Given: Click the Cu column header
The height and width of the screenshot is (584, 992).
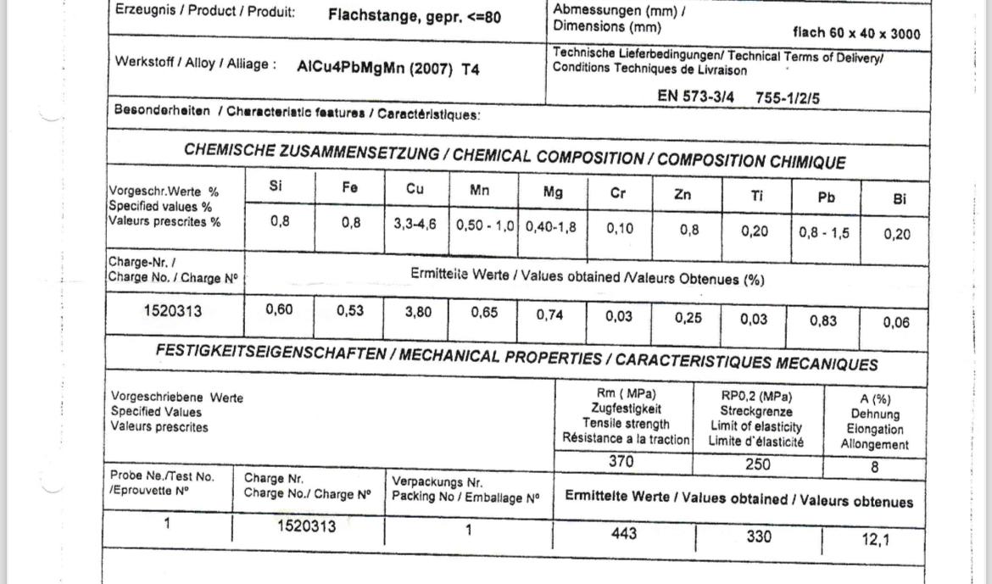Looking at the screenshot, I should tap(415, 189).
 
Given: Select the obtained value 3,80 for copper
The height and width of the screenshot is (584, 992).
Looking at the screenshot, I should tap(418, 312).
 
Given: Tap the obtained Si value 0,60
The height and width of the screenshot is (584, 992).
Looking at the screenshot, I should tap(279, 310).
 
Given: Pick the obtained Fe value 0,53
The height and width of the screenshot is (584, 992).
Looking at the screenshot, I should tap(350, 311).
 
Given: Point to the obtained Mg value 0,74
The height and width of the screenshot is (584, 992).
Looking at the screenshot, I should tap(550, 314).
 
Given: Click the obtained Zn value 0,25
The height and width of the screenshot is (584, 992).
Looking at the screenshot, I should tap(688, 318).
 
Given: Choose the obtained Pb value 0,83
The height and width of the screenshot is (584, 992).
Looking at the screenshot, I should tap(822, 320).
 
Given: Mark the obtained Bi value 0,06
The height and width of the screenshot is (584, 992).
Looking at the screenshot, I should tap(896, 322).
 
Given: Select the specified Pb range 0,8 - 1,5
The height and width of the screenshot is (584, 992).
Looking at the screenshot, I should tap(823, 232).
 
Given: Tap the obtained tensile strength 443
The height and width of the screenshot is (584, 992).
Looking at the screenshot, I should tap(623, 534).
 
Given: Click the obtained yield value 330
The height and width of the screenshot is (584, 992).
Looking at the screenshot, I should tap(759, 537).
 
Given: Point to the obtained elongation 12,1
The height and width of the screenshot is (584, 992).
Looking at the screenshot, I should tap(877, 539).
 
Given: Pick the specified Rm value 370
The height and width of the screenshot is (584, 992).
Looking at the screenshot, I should tap(622, 463).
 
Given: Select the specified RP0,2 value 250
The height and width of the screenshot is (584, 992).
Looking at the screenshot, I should tap(758, 465).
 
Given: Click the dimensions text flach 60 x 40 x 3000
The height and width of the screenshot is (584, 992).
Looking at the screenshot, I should tap(855, 35).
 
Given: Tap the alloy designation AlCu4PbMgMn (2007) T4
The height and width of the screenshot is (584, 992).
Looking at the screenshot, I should tap(388, 70).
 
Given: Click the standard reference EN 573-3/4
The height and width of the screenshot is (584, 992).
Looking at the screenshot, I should tap(695, 97).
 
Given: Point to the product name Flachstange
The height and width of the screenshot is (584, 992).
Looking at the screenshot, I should tap(369, 16).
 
